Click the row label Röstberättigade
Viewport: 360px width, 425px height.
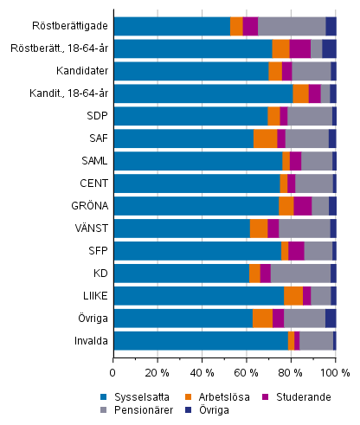pyautogui.click(x=77, y=27)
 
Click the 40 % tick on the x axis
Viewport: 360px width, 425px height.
pyautogui.click(x=202, y=372)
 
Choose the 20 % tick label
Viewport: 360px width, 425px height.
pyautogui.click(x=157, y=372)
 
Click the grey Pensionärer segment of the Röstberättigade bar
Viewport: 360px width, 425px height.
pyautogui.click(x=292, y=26)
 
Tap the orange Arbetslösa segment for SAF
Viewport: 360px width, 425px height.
pyautogui.click(x=265, y=138)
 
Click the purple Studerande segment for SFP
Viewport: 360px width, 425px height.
pyautogui.click(x=296, y=251)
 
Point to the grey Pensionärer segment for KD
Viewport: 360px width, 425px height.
pyautogui.click(x=300, y=274)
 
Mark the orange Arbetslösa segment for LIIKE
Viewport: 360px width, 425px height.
pyautogui.click(x=292, y=296)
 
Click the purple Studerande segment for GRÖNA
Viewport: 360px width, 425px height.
pyautogui.click(x=302, y=206)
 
